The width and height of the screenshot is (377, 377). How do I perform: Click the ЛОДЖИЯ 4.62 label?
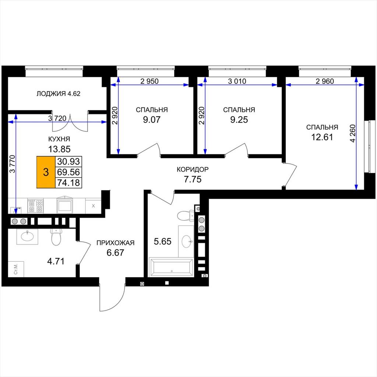59,94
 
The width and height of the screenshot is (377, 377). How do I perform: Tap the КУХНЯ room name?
59,139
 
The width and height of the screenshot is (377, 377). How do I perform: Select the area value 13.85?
59,149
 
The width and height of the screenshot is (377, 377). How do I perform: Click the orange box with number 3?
46,172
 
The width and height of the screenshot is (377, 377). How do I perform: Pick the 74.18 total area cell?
68,183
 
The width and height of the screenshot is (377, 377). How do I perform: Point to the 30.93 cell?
68,161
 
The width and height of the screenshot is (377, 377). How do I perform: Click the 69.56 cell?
68,172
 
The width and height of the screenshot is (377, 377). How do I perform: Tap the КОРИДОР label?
193,169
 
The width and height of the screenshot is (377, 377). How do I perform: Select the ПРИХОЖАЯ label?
115,243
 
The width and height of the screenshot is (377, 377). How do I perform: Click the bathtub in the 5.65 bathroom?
171,267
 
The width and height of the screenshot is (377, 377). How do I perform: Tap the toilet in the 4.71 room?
56,237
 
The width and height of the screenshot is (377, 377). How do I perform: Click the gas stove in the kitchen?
36,206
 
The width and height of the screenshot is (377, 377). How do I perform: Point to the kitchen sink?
64,205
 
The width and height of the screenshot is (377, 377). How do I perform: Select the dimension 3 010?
237,81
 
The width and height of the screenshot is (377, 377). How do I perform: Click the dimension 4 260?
352,133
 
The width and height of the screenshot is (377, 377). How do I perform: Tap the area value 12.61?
322,137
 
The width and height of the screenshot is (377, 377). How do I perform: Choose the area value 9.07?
151,120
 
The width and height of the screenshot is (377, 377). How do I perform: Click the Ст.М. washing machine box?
16,269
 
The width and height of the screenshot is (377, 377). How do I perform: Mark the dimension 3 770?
12,164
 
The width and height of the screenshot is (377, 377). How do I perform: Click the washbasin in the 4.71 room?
27,237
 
